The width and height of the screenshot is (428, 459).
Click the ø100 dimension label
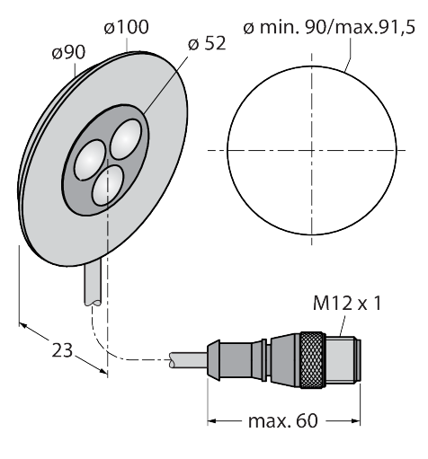[x=126, y=27]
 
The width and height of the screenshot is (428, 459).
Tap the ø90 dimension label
[x=68, y=53]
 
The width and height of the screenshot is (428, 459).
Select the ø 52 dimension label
[x=207, y=43]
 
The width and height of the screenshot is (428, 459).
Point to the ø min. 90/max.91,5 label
[x=329, y=28]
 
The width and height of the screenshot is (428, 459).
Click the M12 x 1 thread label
[x=347, y=303]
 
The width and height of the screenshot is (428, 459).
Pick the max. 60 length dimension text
[x=282, y=420]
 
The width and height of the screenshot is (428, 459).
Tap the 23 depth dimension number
[x=62, y=350]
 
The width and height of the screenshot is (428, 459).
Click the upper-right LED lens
[x=126, y=139]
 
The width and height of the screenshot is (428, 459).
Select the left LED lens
[x=90, y=160]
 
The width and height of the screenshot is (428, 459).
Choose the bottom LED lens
[x=108, y=186]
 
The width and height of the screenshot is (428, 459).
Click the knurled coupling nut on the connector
[x=313, y=360]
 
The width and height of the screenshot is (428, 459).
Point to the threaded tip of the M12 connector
[x=343, y=360]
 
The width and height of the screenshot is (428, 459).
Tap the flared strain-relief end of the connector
[x=213, y=360]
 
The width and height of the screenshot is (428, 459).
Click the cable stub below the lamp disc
[x=93, y=283]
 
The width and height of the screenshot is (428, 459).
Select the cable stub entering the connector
[x=188, y=360]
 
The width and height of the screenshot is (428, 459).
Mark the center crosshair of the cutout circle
[x=312, y=150]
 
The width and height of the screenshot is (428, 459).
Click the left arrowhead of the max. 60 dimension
[x=211, y=421]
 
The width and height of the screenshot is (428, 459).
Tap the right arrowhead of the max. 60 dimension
[x=356, y=421]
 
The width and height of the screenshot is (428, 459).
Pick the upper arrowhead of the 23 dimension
[x=23, y=325]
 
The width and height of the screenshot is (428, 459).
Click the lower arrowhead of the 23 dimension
[x=103, y=371]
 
